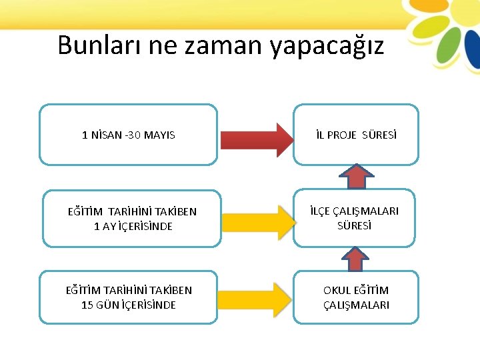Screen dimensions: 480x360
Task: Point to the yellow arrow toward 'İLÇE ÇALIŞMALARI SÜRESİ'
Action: coord(257,219)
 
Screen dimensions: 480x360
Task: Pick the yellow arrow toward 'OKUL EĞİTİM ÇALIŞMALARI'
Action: coord(257,297)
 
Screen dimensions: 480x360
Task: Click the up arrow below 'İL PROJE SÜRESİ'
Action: coord(357,176)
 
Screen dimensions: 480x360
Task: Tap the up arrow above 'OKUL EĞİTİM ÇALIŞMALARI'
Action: coord(357,259)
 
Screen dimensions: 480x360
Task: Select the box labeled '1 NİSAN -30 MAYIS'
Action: coord(129,134)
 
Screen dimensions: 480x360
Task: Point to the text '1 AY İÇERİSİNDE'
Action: coord(133,226)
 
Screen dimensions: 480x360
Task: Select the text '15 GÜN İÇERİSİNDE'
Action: coord(129,305)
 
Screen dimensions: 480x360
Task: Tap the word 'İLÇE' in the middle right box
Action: coord(322,211)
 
